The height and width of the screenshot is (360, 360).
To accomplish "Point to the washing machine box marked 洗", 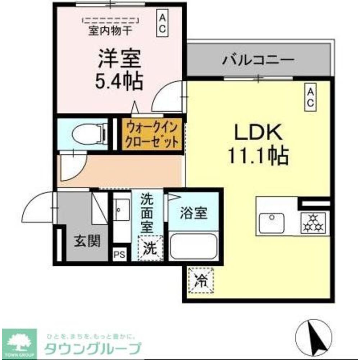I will click(x=150, y=247).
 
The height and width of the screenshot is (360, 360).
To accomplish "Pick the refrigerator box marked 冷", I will click(x=201, y=281).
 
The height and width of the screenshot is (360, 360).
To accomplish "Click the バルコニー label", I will click(x=258, y=59).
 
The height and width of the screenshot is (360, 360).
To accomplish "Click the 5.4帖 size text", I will click(x=119, y=81).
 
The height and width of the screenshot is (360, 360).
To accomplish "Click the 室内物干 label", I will click(x=110, y=31).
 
